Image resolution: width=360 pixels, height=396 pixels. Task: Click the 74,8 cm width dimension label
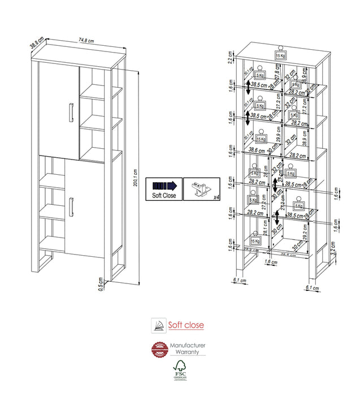click(86, 41)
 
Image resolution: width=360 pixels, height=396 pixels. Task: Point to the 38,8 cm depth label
click(37, 42)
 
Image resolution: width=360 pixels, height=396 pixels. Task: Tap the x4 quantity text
click(216, 196)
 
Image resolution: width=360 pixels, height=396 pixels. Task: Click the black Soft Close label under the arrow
click(164, 196)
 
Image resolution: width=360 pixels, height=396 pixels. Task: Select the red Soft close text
click(185, 325)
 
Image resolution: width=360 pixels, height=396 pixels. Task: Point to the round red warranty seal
click(159, 350)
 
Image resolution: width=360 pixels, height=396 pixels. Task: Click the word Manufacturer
click(188, 345)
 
